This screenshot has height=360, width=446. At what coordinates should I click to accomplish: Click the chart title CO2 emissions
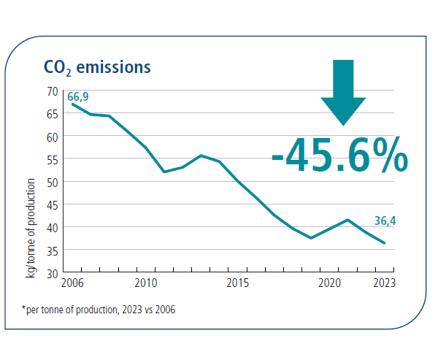tap(96, 67)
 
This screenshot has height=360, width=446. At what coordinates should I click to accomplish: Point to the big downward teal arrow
tap(343, 91)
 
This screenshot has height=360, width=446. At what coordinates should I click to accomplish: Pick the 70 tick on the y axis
tap(52, 91)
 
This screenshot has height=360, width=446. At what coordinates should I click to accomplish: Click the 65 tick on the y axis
tap(52, 113)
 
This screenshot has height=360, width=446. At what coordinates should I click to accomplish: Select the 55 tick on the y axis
tap(52, 158)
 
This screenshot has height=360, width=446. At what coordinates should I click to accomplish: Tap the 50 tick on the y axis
tap(52, 181)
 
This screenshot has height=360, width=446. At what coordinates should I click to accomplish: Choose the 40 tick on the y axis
tap(52, 227)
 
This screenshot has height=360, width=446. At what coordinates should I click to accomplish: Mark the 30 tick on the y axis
tap(52, 272)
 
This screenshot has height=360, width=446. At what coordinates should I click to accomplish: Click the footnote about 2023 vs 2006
tap(99, 310)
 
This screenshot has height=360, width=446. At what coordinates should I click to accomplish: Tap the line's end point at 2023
tap(385, 243)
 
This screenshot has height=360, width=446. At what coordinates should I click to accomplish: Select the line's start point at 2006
tap(72, 104)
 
